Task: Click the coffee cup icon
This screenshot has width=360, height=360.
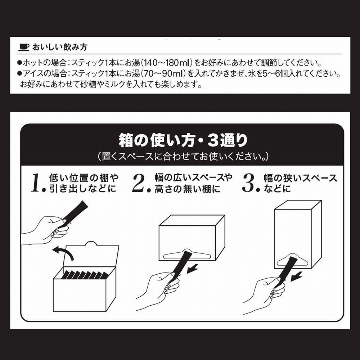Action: click(x=24, y=47)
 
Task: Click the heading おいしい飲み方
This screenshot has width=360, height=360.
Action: click(x=60, y=47)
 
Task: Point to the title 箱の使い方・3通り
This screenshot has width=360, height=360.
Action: click(x=183, y=140)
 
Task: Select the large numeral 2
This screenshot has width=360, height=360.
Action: click(x=139, y=183)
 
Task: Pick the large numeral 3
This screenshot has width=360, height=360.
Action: click(x=249, y=183)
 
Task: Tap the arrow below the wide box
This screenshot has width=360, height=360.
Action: click(x=192, y=269)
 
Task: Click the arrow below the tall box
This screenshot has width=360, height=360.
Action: click(x=296, y=276)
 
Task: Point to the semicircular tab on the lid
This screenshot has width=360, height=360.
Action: click(x=91, y=244)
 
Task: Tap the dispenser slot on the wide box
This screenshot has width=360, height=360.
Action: click(x=187, y=255)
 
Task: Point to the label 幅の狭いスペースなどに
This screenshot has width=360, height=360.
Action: click(x=300, y=183)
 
